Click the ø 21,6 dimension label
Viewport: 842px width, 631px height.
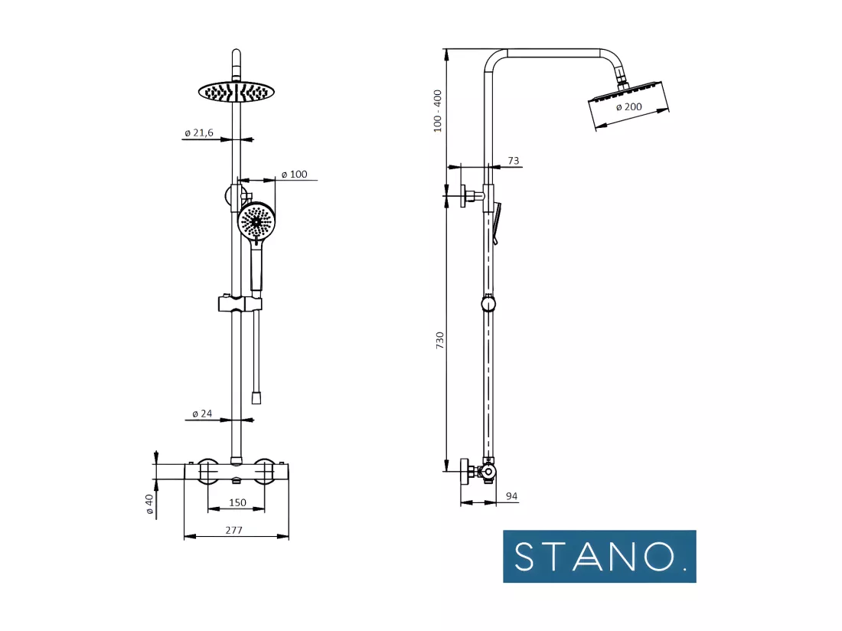199,132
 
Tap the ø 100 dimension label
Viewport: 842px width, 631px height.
294,174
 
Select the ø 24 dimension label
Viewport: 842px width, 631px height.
202,414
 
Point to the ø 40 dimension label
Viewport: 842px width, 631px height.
149,504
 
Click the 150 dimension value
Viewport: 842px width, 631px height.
237,502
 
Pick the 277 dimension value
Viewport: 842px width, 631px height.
233,530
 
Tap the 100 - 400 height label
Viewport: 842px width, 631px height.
437,111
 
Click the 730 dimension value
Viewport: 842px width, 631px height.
440,341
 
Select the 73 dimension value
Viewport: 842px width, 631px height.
514,161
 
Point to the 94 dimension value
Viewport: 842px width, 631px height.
512,496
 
